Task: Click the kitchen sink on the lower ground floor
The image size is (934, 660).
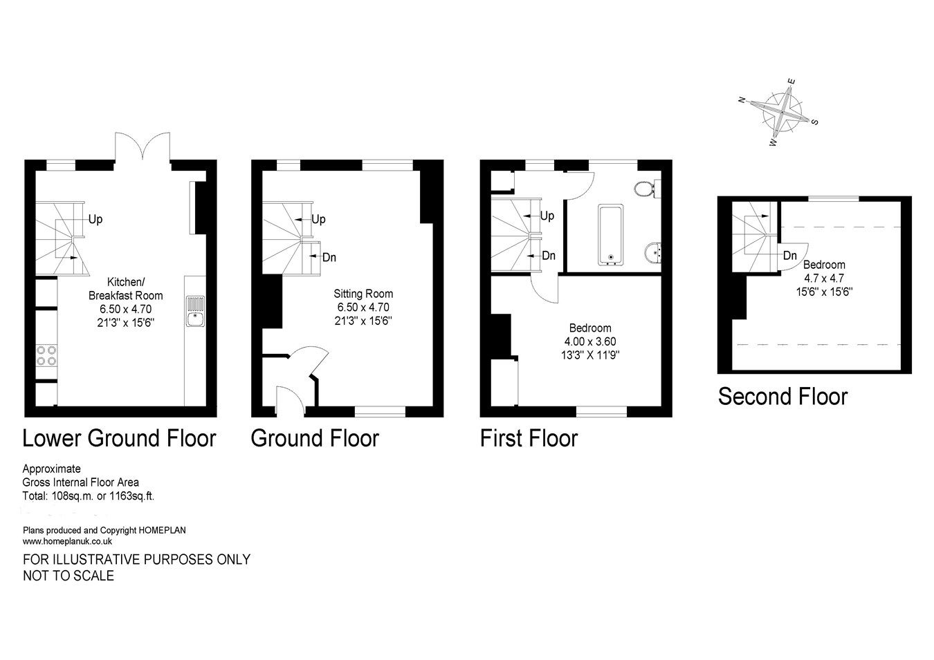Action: pos(195,310)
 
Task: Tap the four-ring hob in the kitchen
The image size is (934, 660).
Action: pos(46,355)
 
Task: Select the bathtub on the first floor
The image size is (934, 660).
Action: pos(611,235)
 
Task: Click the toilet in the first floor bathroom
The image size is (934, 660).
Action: pos(646,188)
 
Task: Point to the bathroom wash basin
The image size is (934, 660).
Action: pos(652,254)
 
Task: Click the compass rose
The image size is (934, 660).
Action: pos(782,111)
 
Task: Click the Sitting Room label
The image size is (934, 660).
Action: pos(364,294)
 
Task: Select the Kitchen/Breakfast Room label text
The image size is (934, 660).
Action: pos(125,288)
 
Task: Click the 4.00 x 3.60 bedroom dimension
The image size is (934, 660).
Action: pos(589,341)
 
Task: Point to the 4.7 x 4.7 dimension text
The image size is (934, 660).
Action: pos(823,279)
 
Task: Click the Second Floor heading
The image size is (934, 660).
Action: pos(782,397)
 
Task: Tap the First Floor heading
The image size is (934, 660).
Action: pos(529,438)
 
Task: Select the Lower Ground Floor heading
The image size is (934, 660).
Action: pos(119,438)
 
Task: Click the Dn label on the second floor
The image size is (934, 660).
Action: pos(789,256)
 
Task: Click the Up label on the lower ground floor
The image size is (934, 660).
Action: pos(95,219)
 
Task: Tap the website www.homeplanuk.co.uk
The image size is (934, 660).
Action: pos(67,541)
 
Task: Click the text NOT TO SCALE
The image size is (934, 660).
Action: pos(68,575)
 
